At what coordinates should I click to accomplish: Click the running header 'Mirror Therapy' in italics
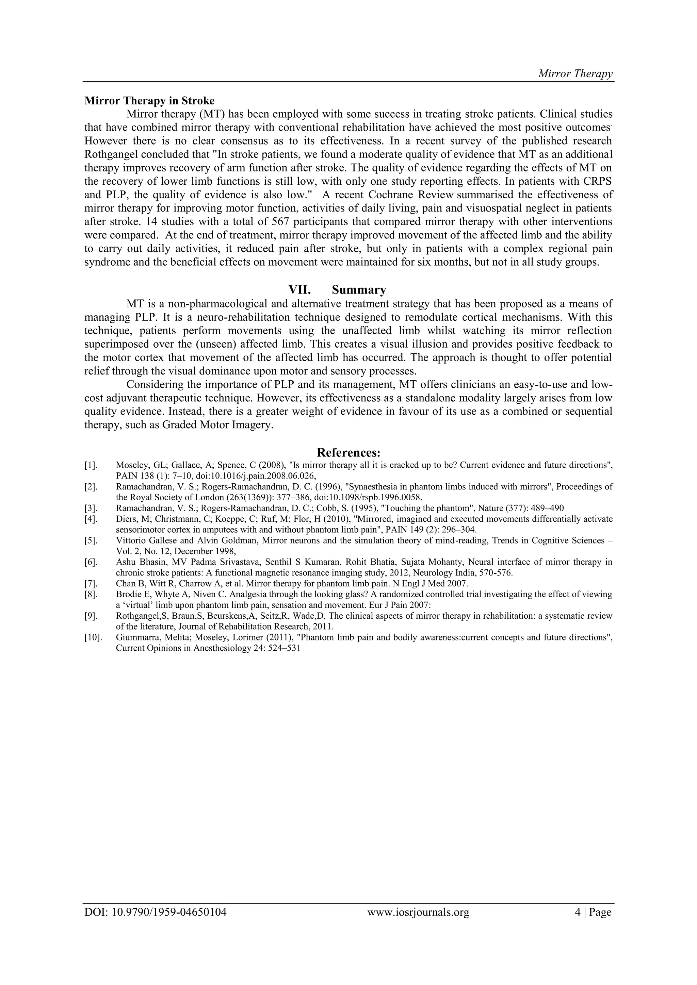575,74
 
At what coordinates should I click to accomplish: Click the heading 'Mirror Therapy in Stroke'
149,101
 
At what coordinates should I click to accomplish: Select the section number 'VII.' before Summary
299,290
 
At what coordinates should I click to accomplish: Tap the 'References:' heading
348,453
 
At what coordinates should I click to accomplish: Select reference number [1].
91,465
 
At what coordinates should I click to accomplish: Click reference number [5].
91,540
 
